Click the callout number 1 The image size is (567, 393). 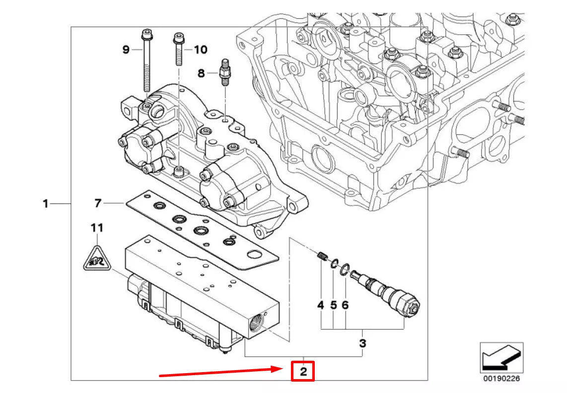(x=45, y=204)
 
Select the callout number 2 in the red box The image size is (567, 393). (x=303, y=371)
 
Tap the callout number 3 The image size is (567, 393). (x=363, y=343)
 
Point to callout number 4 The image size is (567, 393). (x=321, y=306)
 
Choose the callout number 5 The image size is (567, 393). (x=333, y=306)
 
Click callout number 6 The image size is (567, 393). (x=345, y=306)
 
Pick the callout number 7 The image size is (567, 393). (x=98, y=203)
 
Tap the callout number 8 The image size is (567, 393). (x=201, y=73)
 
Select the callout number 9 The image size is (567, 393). (x=126, y=50)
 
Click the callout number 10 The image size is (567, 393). (x=200, y=50)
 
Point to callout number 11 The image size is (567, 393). (x=97, y=228)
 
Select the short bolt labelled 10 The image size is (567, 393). (x=177, y=50)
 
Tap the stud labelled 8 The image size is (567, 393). (x=224, y=72)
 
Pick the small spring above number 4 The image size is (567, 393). (x=321, y=257)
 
